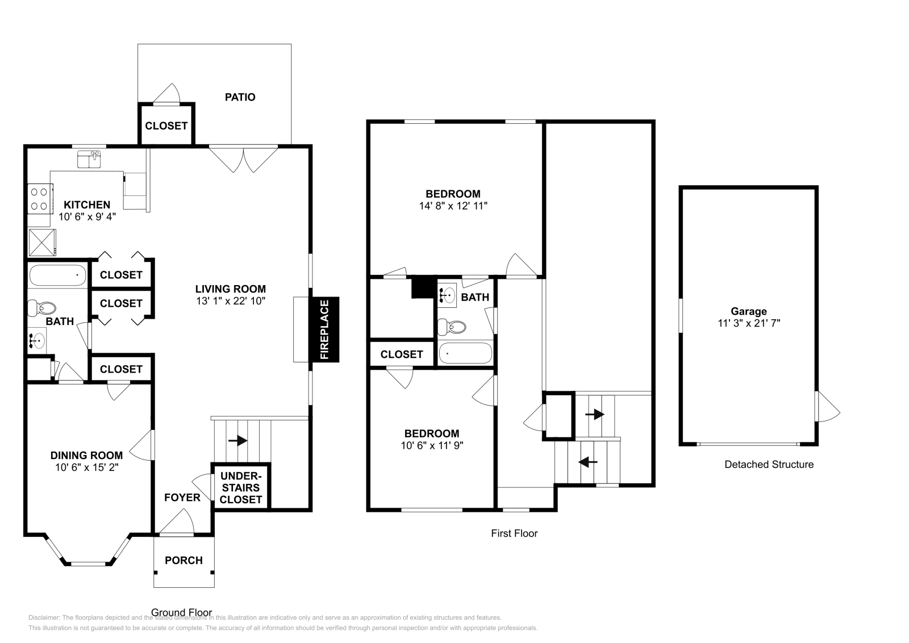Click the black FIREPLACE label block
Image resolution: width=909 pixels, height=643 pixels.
324,329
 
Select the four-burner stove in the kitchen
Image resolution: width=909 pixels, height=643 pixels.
39,199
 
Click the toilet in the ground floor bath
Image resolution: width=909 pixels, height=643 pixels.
43,308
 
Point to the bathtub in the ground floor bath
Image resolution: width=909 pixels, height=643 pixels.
57,275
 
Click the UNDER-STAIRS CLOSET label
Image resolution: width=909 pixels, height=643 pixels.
240,487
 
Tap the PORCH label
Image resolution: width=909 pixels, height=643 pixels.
184,560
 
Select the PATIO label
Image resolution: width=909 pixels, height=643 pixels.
240,97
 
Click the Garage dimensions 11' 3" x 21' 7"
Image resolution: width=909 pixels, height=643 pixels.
748,323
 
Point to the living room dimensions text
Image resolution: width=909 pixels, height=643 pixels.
231,301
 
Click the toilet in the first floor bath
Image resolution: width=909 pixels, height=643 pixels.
452,327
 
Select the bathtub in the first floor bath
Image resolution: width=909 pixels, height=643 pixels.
465,353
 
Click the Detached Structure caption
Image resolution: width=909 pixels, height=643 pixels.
769,465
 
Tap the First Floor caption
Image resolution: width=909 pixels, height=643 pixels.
514,533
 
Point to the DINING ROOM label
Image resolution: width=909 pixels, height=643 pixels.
86,455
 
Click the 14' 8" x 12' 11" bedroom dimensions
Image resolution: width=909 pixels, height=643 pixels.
453,206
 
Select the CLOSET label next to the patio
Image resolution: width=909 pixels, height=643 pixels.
166,126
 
